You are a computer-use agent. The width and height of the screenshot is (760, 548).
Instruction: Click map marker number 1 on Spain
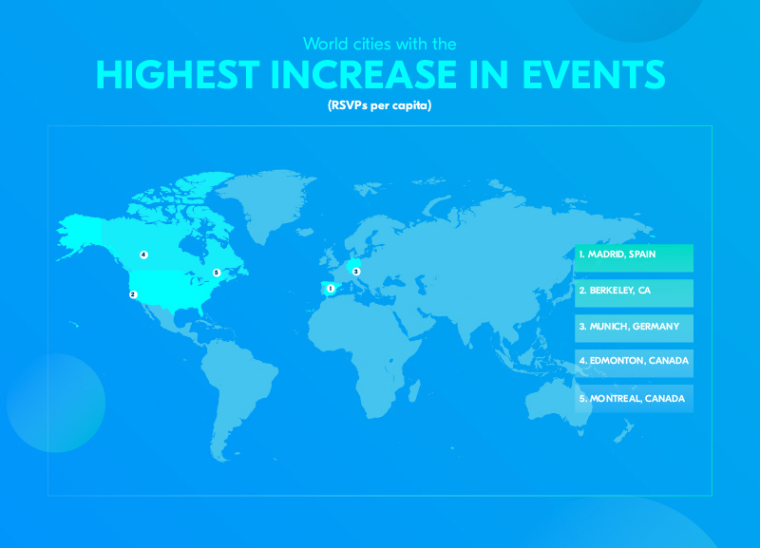331,289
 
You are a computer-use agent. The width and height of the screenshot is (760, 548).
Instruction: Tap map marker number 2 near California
133,294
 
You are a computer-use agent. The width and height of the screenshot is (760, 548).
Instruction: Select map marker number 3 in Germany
356,272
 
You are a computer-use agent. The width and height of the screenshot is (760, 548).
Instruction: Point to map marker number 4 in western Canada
143,255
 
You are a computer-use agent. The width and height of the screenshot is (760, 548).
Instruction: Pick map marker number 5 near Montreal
217,273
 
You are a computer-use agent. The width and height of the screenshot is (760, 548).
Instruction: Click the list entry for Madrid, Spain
634,257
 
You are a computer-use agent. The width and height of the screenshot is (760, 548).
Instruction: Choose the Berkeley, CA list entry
634,293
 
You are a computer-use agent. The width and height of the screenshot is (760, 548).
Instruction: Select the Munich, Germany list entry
634,329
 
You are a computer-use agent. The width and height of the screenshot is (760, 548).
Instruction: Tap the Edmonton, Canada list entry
634,364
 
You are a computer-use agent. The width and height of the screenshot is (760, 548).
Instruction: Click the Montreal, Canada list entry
634,399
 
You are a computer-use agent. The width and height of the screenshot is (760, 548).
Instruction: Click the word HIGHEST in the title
178,75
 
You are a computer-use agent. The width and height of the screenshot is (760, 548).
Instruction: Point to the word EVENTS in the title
593,75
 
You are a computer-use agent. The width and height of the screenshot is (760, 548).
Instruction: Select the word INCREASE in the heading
364,75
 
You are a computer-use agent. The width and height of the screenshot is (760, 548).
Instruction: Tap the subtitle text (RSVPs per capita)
379,105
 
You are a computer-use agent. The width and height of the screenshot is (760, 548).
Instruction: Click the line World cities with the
379,44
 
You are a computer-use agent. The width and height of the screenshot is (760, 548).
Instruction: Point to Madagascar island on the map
414,391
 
